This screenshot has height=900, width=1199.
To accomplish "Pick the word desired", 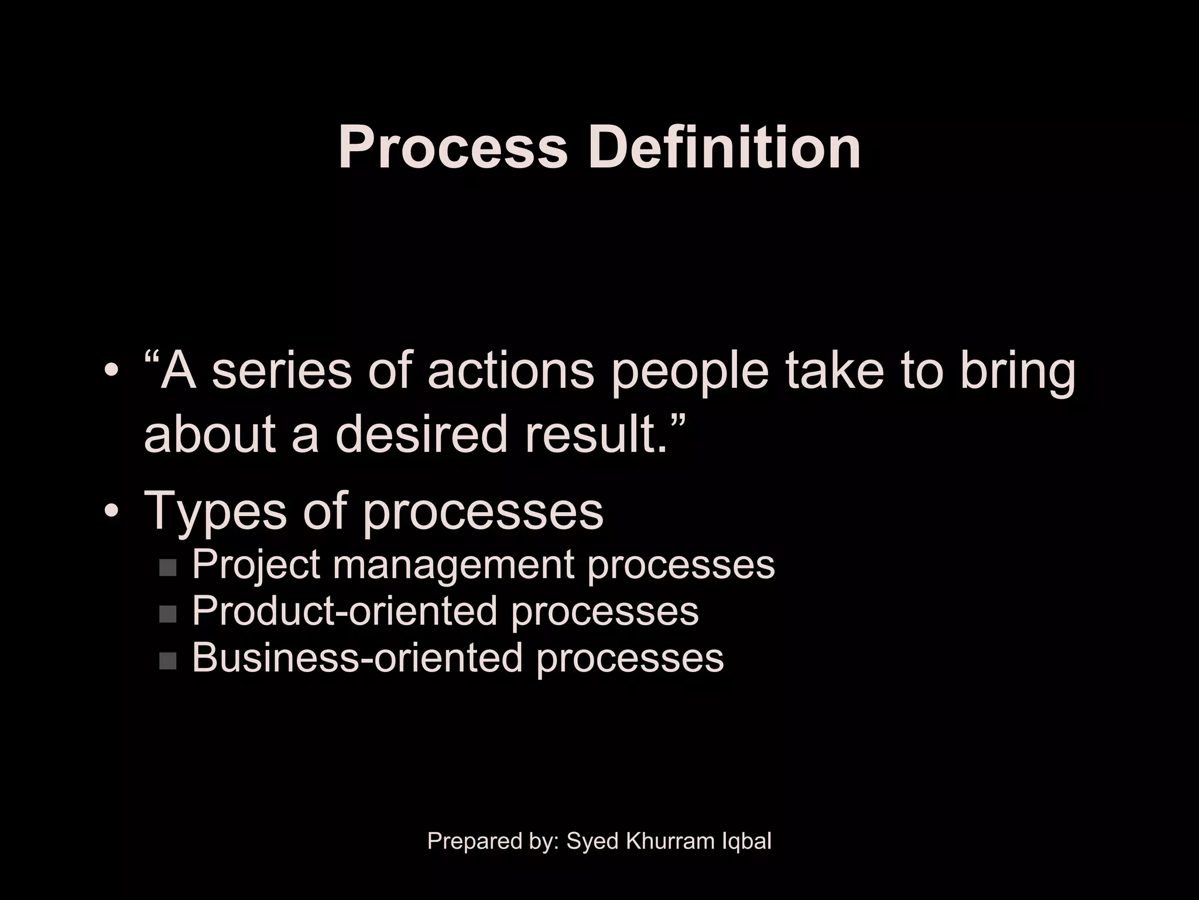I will click(x=421, y=435).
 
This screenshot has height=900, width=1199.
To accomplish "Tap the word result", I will click(x=595, y=435).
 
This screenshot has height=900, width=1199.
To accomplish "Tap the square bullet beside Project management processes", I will click(x=167, y=567).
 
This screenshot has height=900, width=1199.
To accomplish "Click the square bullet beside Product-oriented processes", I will click(x=167, y=613).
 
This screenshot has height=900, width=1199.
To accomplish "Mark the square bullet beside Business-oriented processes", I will click(x=167, y=660).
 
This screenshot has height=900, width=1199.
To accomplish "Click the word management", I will click(x=454, y=566).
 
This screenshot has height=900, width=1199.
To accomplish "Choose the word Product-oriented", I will click(x=344, y=611).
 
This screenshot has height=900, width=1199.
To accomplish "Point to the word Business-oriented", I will click(x=357, y=657).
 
